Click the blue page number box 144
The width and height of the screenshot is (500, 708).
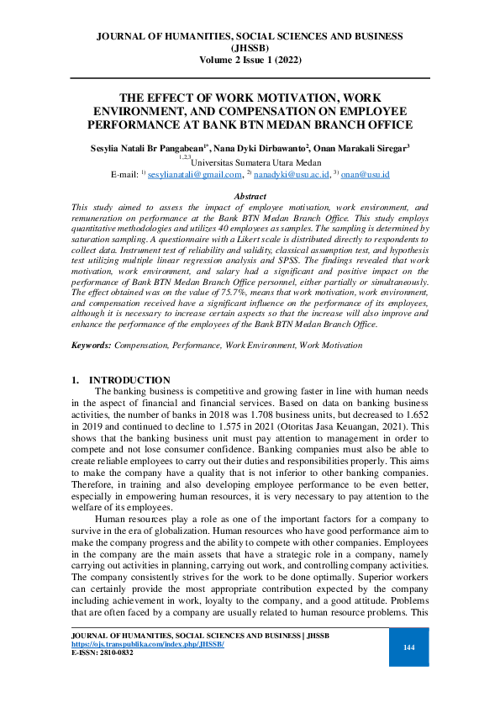[409, 647]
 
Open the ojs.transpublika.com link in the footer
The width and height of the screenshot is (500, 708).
[148, 643]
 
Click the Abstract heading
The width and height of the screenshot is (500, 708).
[250, 196]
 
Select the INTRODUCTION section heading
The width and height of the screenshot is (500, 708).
[129, 380]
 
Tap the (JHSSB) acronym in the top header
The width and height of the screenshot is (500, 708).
[250, 48]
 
